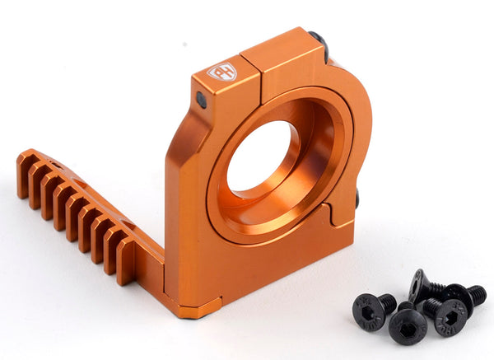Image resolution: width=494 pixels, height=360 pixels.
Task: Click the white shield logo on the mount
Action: click(221, 72)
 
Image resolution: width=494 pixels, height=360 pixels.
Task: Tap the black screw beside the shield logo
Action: click(201, 99)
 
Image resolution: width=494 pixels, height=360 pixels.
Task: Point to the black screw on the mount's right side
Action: click(356, 199)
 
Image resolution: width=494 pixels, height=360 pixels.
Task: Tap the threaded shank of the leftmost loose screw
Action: click(387, 303)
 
